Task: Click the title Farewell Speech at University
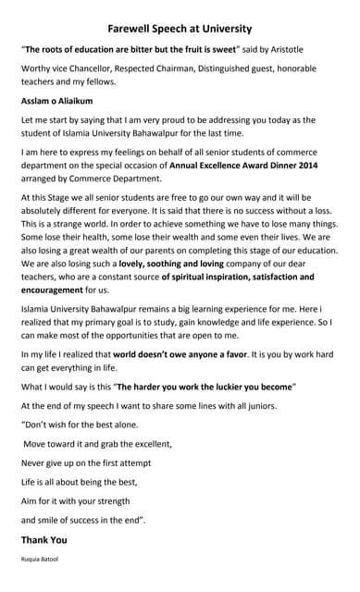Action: [x=179, y=29]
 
